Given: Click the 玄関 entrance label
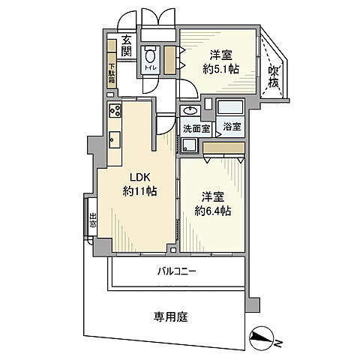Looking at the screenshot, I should [126, 46].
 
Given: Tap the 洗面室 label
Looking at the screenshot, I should [196, 127].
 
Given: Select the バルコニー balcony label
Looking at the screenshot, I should [177, 271].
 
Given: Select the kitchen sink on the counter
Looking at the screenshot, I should [115, 139].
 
